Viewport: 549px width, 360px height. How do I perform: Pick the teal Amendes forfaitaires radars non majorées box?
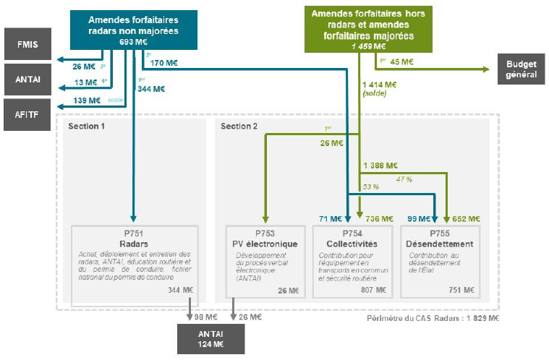coord(132,29)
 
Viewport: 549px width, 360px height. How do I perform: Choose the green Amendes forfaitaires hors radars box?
coord(368,28)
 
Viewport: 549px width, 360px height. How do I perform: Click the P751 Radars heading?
coord(134,239)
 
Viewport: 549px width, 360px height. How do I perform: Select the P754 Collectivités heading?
coord(351,239)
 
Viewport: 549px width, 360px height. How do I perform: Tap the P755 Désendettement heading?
coord(441,239)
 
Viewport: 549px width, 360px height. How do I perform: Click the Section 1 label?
coord(87,127)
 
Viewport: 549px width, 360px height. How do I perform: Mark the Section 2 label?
coord(238,127)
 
